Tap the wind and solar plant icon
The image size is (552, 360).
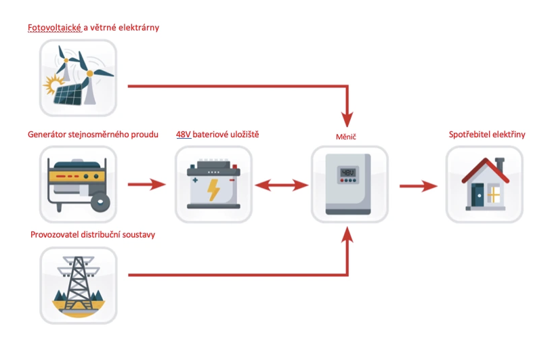tap(78, 78)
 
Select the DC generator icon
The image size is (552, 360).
tap(78, 184)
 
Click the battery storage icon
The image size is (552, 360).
tap(213, 184)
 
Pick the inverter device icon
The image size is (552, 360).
tap(349, 184)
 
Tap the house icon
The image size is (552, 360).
tap(484, 184)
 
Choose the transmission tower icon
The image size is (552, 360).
tap(78, 284)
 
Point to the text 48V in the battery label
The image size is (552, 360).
tap(183, 135)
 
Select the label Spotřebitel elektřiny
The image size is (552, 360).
tap(487, 135)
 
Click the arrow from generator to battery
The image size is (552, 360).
tap(146, 184)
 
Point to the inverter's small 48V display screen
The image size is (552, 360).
tap(347, 173)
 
